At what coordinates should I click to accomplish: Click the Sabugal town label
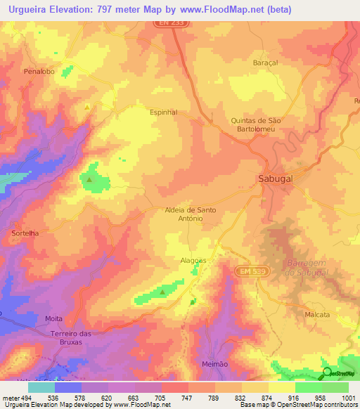click(275, 178)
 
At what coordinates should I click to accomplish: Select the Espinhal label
click(164, 112)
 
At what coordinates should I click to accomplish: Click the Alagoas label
click(192, 260)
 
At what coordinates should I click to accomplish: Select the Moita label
click(54, 318)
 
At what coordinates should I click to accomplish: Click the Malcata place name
click(317, 314)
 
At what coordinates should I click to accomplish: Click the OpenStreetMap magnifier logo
click(327, 373)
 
